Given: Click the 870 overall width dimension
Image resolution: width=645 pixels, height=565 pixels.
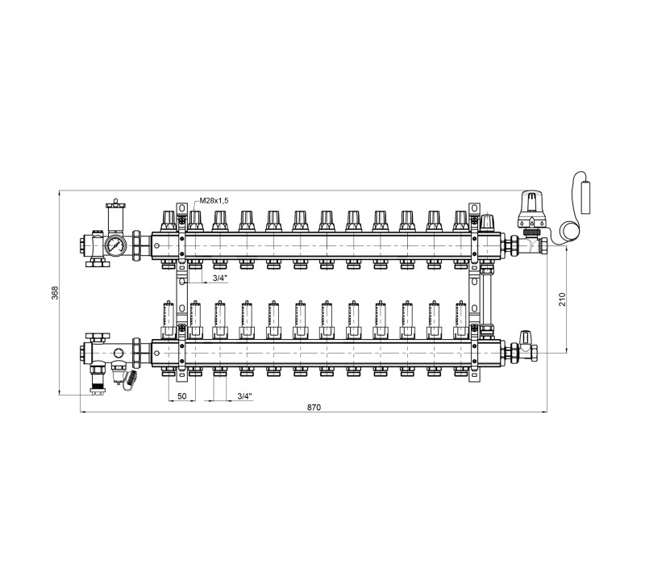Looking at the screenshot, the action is click(314, 408).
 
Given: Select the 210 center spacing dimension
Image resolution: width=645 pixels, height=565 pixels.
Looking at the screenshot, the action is click(562, 299).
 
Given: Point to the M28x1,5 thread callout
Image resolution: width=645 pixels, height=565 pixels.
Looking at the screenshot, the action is click(214, 200).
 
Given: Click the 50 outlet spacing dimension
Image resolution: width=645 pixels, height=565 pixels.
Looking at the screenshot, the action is click(182, 396).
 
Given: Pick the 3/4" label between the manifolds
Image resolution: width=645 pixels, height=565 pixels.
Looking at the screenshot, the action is click(219, 278).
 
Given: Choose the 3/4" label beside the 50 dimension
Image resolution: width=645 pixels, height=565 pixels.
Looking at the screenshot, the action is click(244, 396).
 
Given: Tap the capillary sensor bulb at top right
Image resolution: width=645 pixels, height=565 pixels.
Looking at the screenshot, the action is click(585, 198).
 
